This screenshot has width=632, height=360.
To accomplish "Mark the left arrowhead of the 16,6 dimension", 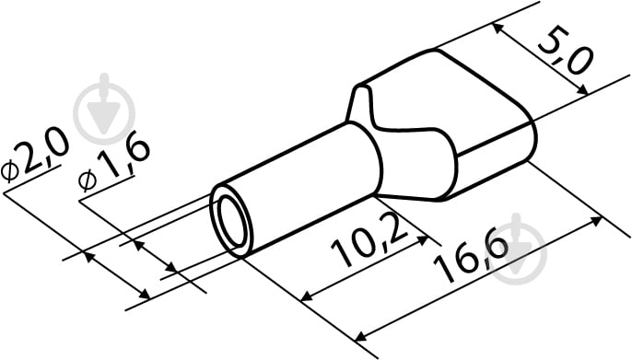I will (360, 336).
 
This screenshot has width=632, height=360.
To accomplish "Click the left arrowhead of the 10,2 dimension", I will (307, 296).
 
